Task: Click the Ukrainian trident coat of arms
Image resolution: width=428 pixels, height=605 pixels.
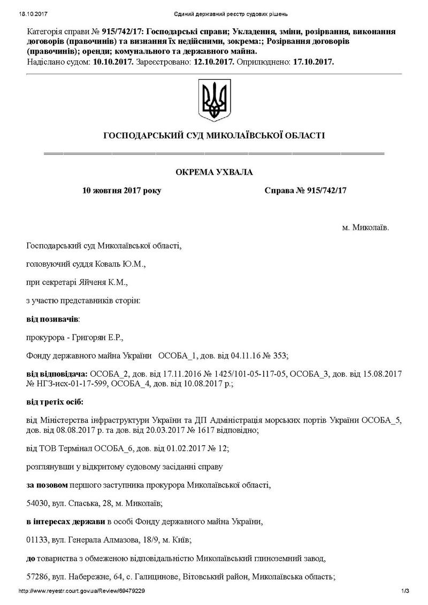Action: [x=214, y=99]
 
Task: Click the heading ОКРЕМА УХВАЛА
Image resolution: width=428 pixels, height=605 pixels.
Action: [x=214, y=172]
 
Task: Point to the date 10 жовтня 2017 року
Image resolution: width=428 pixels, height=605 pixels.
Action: [x=121, y=190]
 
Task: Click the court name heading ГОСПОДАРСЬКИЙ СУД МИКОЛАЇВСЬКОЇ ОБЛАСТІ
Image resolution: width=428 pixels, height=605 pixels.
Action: [x=214, y=136]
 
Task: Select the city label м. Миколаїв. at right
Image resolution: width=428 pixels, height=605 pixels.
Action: [x=366, y=228]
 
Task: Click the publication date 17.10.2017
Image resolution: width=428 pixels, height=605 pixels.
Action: [x=313, y=62]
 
